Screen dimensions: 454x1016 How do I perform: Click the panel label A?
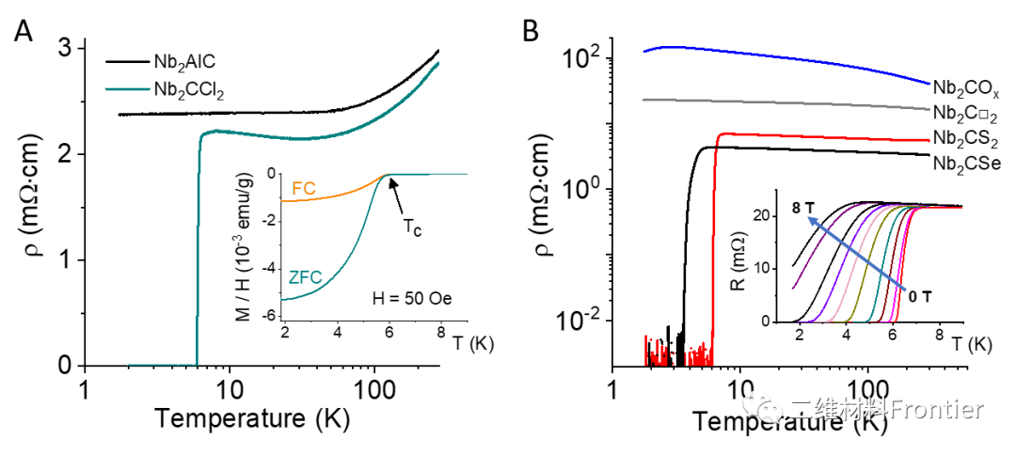click(24, 33)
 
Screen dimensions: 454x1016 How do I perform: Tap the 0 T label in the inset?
click(918, 295)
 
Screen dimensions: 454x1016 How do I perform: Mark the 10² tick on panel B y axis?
click(584, 58)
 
